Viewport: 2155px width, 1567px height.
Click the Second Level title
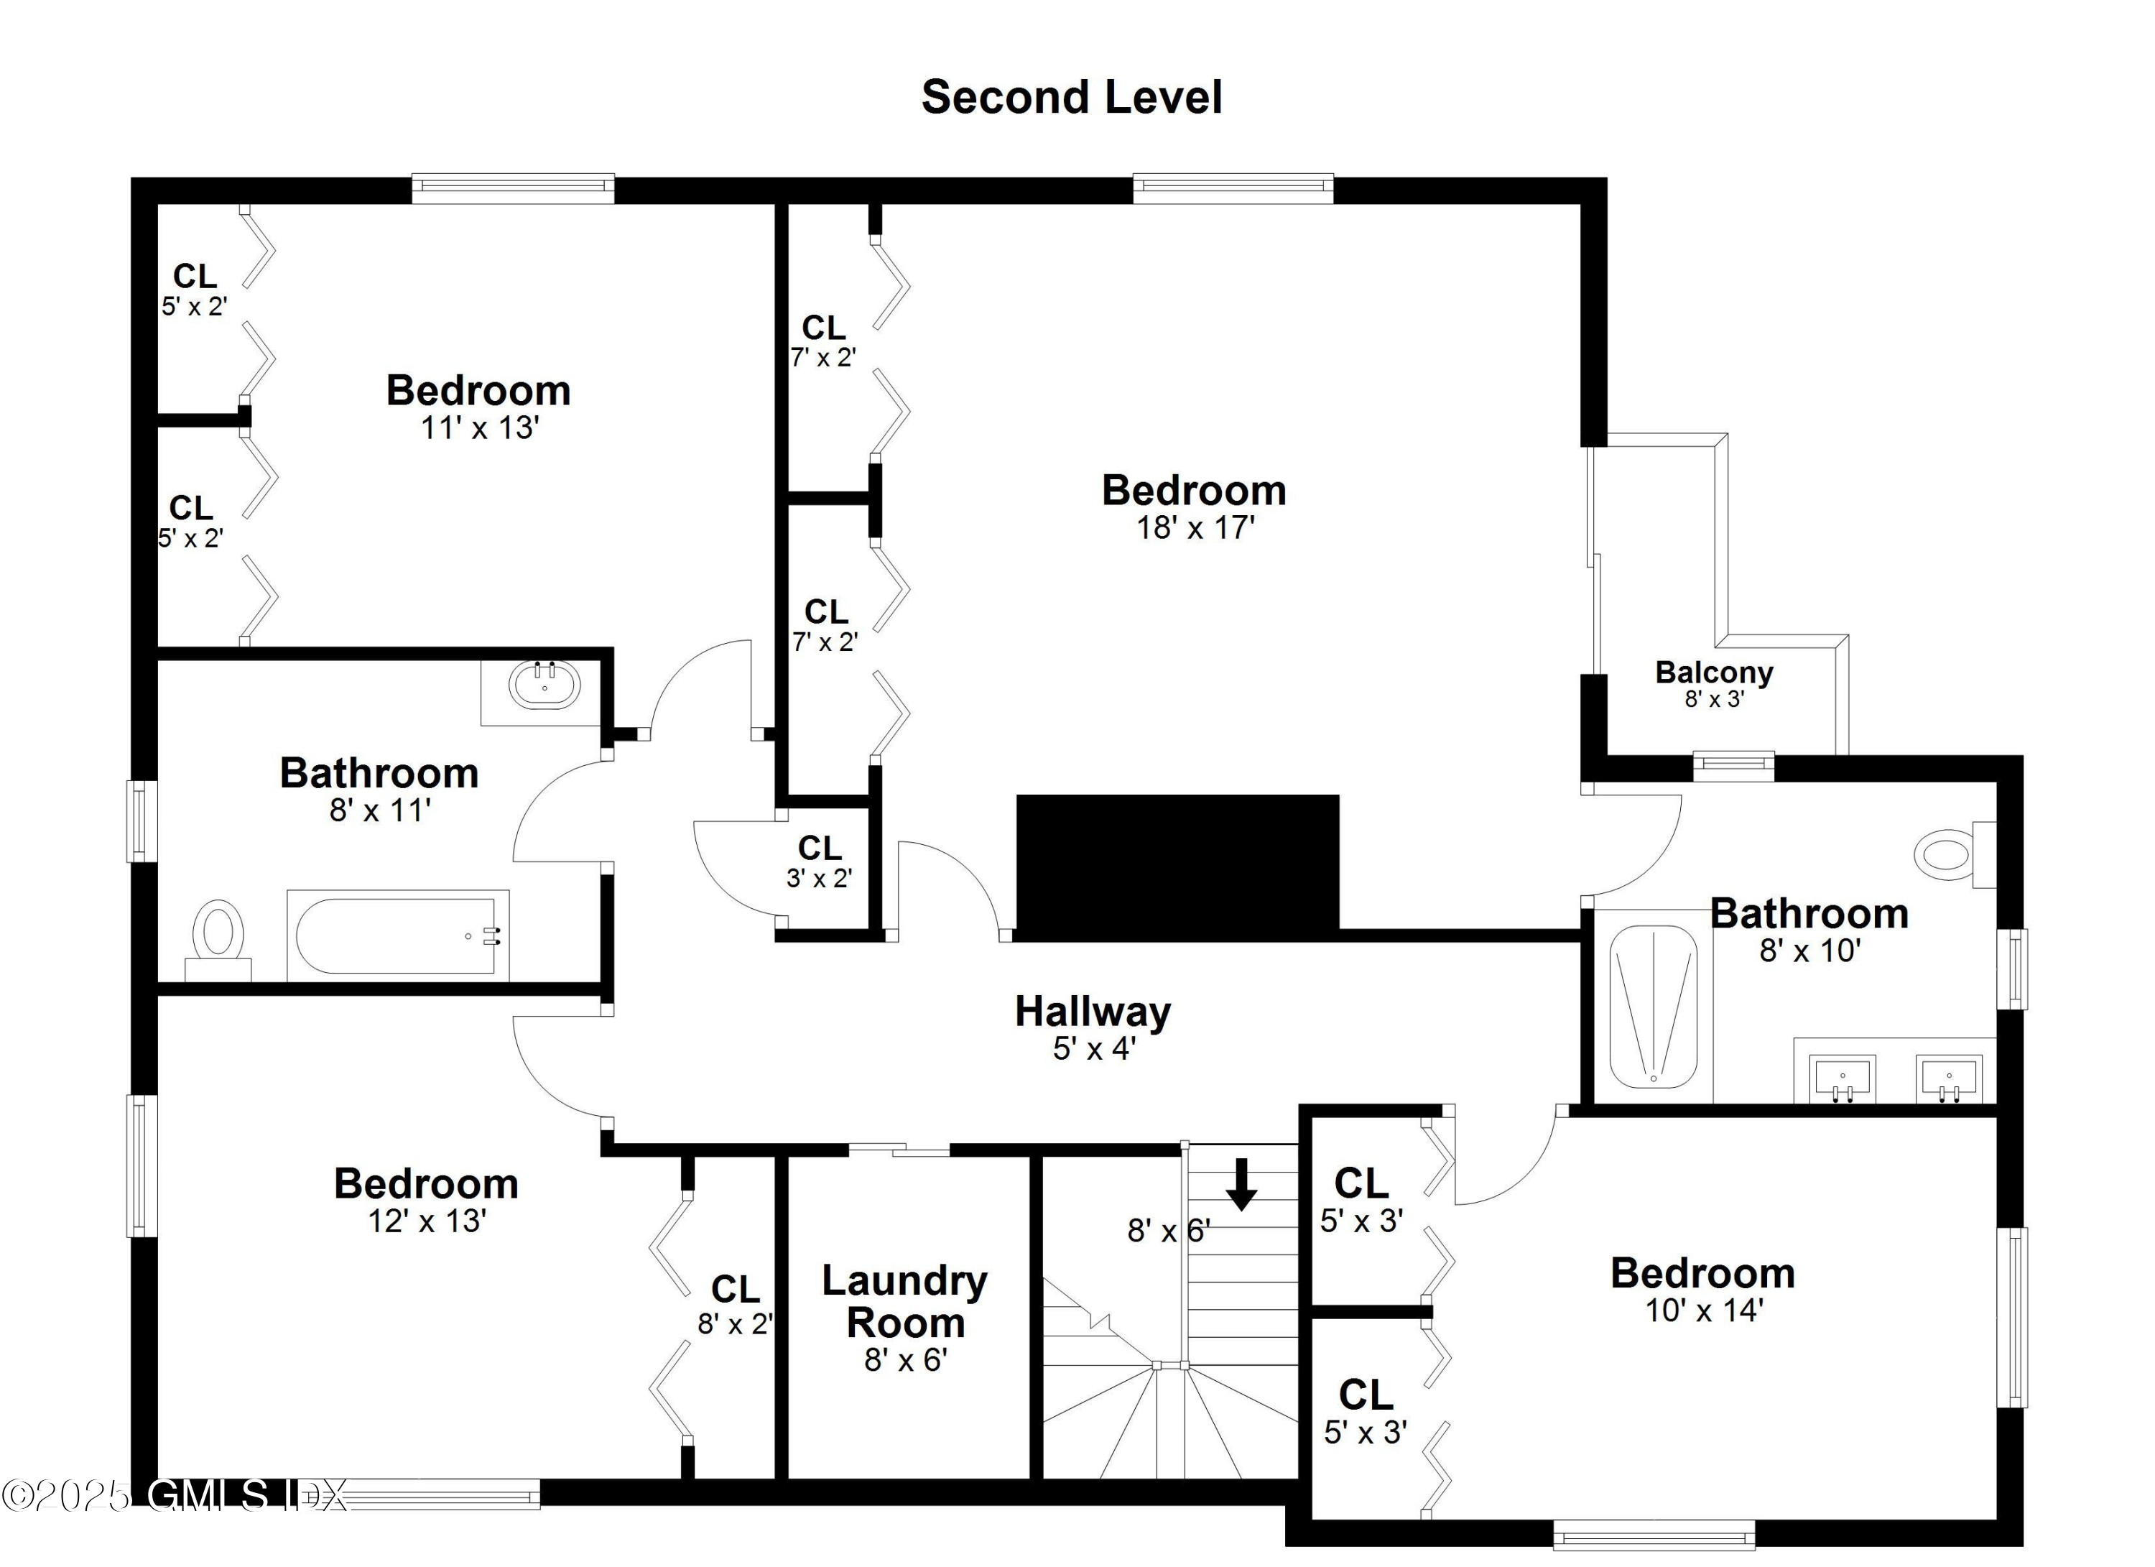1071,98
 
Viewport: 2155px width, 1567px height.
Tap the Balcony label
1713,672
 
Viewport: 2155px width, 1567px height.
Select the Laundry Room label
904,1302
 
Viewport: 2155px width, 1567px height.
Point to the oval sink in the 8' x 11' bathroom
544,685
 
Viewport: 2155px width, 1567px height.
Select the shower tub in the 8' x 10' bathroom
1654,1007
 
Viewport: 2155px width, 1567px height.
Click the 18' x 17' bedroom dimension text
1195,528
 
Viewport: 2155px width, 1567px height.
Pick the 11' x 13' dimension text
480,429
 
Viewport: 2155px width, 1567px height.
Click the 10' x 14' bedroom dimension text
1704,1311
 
